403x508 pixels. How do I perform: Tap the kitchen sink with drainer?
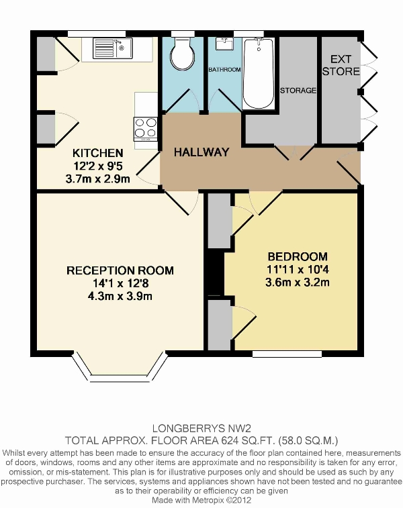pyautogui.click(x=112, y=48)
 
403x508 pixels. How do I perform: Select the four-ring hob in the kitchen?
pyautogui.click(x=146, y=129)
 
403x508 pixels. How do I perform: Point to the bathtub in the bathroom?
pyautogui.click(x=259, y=74)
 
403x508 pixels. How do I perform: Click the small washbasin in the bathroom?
pyautogui.click(x=224, y=44)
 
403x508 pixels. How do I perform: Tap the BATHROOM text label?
pyautogui.click(x=224, y=70)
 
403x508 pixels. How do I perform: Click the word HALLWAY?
pyautogui.click(x=201, y=152)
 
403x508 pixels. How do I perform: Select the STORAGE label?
pyautogui.click(x=298, y=91)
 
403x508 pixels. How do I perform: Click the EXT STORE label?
pyautogui.click(x=341, y=65)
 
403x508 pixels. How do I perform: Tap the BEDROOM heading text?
pyautogui.click(x=298, y=256)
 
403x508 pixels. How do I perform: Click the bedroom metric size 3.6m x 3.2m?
pyautogui.click(x=298, y=283)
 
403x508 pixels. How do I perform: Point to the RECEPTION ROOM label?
pyautogui.click(x=120, y=270)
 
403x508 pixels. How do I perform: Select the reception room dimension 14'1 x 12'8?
pyautogui.click(x=120, y=283)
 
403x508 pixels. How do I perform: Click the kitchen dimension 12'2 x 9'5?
pyautogui.click(x=97, y=166)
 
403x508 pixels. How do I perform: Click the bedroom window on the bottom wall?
pyautogui.click(x=287, y=354)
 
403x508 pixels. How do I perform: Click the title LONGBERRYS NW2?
pyautogui.click(x=201, y=429)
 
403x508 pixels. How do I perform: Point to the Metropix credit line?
pyautogui.click(x=201, y=500)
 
